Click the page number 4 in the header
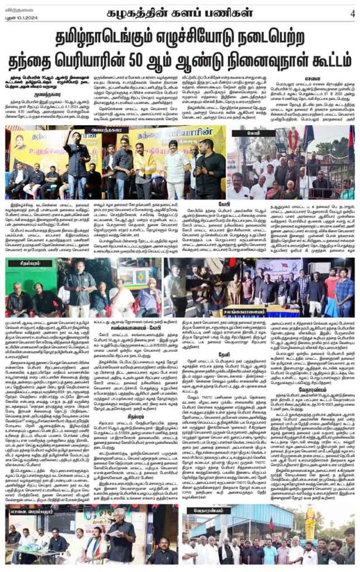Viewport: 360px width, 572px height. click(352, 13)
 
